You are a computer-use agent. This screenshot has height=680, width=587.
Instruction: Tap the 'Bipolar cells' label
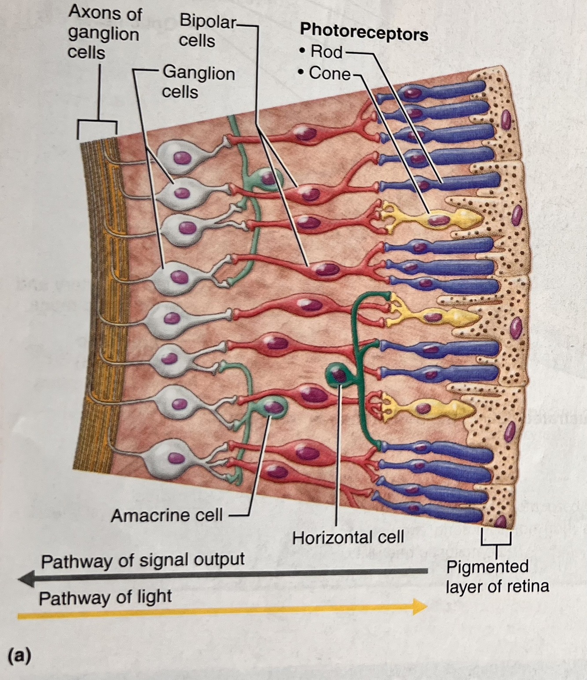click(207, 31)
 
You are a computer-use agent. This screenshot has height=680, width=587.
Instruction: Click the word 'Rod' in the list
click(326, 52)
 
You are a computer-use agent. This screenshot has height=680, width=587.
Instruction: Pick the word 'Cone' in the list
click(329, 73)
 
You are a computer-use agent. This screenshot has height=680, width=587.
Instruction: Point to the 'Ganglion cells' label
click(198, 82)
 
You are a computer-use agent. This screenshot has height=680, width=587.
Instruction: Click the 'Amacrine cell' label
click(167, 515)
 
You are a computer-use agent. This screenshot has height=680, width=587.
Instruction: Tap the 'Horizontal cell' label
click(348, 537)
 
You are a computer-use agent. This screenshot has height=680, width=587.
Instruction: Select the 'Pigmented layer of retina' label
click(497, 576)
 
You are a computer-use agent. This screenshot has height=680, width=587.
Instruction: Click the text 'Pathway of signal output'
click(143, 560)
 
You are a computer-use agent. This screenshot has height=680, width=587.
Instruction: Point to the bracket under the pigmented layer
click(496, 539)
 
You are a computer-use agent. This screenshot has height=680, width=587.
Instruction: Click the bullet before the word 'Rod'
click(301, 52)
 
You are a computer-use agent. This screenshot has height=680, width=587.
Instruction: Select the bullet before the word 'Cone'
click(301, 73)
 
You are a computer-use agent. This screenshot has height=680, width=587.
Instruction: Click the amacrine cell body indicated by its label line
click(274, 406)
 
